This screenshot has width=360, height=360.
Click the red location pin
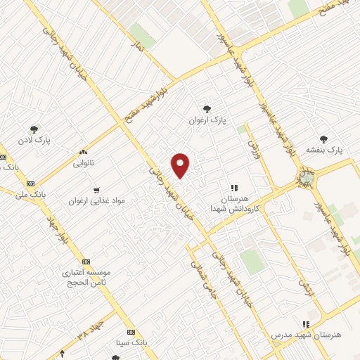(x=181, y=165)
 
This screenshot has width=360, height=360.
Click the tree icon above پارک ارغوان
(x=207, y=108)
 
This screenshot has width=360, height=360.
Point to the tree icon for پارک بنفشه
(x=323, y=139)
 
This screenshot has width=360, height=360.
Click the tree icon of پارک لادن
(x=33, y=129)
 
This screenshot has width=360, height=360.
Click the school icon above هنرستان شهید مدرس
(x=305, y=324)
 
